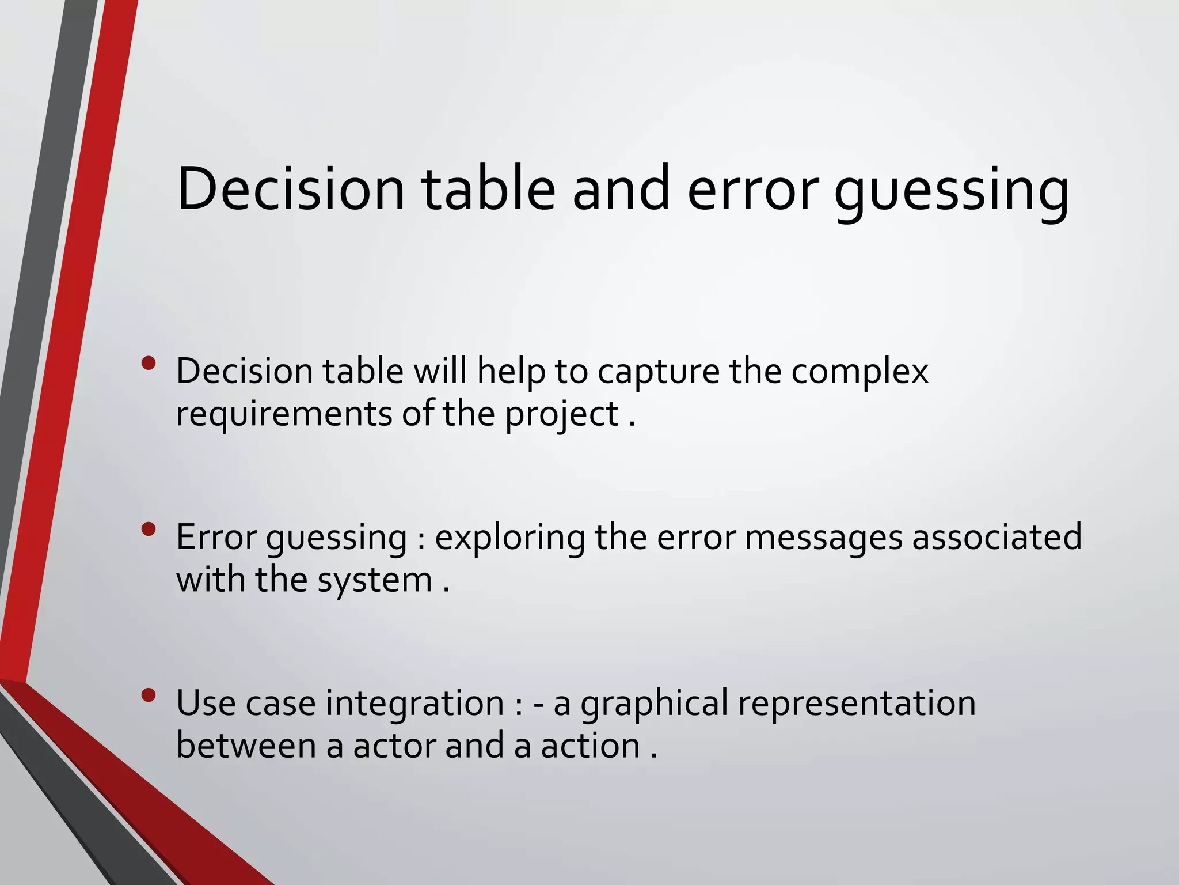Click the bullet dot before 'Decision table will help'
tap(149, 363)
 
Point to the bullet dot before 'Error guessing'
tap(149, 529)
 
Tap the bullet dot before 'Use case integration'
tap(149, 695)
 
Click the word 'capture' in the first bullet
tap(658, 372)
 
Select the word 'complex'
tap(859, 372)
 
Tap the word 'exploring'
tap(509, 539)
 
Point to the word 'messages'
tap(823, 539)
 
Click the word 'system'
tap(375, 581)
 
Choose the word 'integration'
tap(415, 704)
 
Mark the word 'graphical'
tap(654, 704)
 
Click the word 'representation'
tap(857, 704)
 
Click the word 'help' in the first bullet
tap(511, 372)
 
